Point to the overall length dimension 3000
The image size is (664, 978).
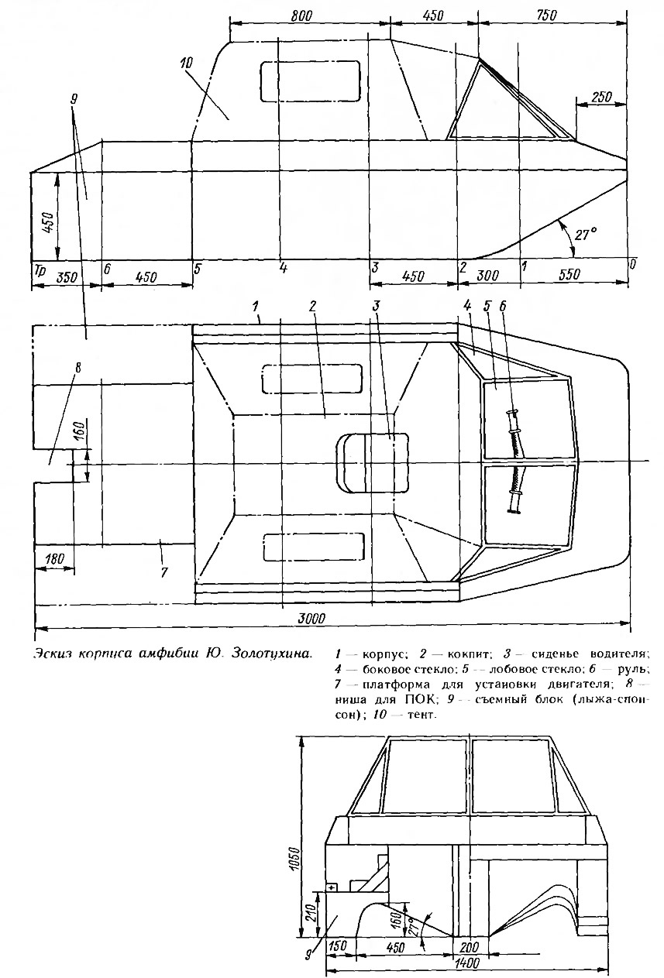coord(312,618)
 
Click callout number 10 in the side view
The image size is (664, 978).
coord(186,63)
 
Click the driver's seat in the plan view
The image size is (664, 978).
coord(372,463)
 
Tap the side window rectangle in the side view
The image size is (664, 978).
coord(311,81)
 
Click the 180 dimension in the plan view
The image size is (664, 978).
coord(54,558)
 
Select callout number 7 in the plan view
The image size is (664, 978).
coord(163,572)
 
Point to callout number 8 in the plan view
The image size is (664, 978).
coord(77,367)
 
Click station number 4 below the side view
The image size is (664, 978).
coord(283,268)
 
